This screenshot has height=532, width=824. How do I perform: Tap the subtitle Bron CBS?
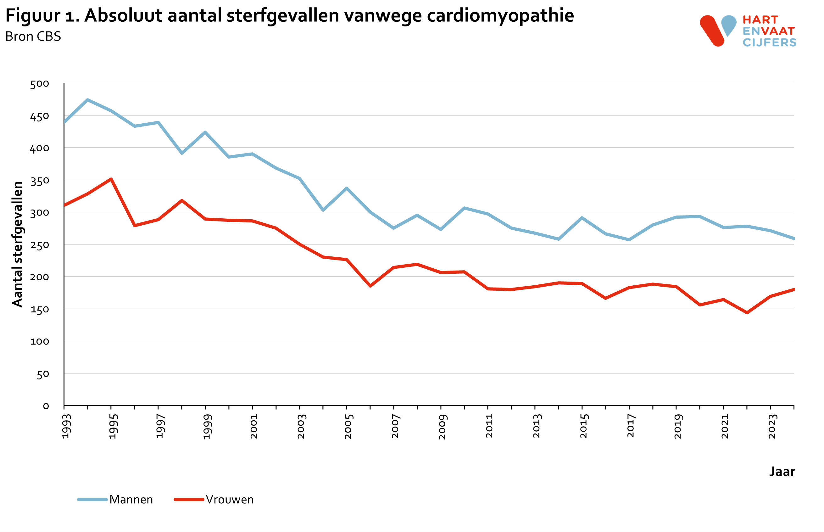pos(33,36)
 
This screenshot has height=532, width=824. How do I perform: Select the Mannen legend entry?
pos(131,500)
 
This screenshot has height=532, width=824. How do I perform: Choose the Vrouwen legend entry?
pos(229,500)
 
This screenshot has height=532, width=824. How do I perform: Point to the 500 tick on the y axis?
pos(40,84)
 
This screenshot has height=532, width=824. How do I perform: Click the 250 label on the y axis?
pos(40,245)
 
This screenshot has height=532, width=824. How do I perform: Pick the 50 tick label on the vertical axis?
pos(43,374)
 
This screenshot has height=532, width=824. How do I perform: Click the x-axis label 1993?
pos(66,426)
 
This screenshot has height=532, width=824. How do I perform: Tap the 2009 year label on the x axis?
pos(443,426)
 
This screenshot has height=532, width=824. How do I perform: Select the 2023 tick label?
pos(772,426)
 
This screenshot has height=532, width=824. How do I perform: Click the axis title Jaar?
pos(782,472)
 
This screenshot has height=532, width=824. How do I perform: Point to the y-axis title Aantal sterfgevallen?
pos(17,244)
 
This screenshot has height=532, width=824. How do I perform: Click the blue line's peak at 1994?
pos(88,100)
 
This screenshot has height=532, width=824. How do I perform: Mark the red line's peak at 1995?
pos(111,179)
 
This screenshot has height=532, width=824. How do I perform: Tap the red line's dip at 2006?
pos(370,286)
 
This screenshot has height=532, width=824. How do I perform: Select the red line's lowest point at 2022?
pos(747,313)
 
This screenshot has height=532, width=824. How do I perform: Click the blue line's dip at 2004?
pos(323,210)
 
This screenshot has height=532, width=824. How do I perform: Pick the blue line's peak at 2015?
pos(582,218)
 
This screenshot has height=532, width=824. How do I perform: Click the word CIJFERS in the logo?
pos(770,42)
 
